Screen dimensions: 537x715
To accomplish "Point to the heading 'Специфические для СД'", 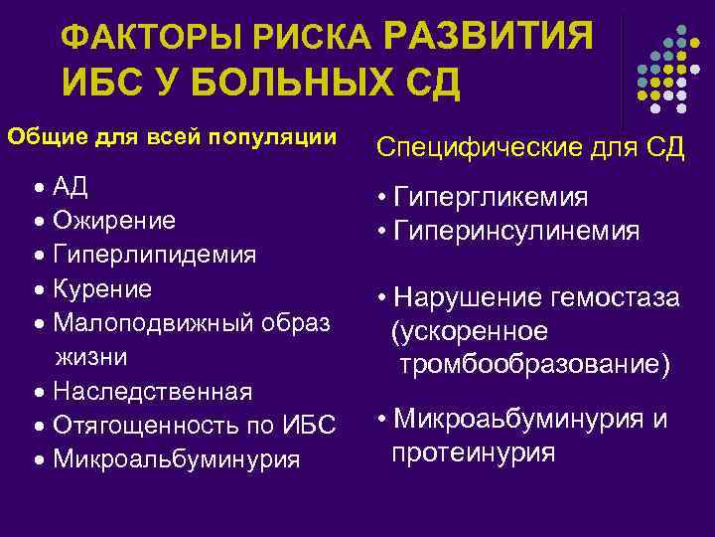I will click(530, 148).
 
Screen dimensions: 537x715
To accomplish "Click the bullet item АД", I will click(71, 186).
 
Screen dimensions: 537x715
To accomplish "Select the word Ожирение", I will click(114, 220).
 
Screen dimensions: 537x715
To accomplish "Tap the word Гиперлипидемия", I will click(155, 255).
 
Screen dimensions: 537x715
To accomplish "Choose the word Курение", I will click(103, 289).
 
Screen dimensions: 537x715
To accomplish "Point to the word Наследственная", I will click(153, 391).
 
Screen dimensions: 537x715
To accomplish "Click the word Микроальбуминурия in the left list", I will click(177, 459).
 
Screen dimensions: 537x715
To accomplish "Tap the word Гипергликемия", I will click(491, 197).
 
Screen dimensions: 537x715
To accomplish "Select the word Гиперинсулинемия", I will click(515, 231).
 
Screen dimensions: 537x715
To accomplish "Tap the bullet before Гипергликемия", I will click(381, 198).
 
